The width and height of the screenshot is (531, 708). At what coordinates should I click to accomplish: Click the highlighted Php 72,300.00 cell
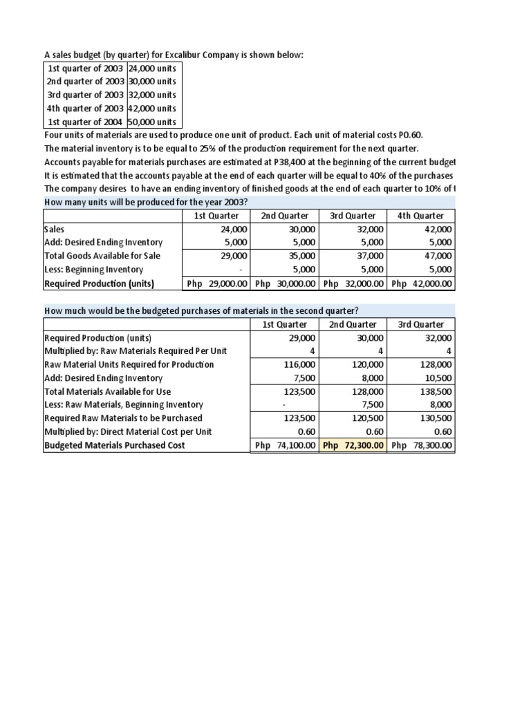(353, 445)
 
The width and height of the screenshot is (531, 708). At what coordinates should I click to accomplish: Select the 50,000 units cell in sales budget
(152, 122)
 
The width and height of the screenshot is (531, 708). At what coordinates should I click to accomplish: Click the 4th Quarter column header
(420, 216)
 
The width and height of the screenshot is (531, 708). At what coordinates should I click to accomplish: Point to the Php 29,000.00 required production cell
(216, 283)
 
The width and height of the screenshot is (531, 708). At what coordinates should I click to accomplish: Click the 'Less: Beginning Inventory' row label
(93, 270)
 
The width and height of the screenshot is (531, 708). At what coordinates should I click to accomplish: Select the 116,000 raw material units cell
(301, 364)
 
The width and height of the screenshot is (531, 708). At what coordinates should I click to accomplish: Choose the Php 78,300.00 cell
(421, 445)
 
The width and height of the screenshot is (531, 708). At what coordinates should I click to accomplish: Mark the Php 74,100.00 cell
(286, 445)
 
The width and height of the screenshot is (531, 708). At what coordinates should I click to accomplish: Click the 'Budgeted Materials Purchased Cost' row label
(114, 445)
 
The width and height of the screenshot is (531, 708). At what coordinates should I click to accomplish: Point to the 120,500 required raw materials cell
(369, 418)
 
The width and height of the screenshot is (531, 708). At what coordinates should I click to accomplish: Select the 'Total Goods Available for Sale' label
(102, 256)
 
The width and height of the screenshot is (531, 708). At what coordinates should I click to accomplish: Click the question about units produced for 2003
(146, 202)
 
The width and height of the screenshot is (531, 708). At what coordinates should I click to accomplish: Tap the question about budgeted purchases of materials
(201, 310)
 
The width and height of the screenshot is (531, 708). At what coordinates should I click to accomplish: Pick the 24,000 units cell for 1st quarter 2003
(152, 68)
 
